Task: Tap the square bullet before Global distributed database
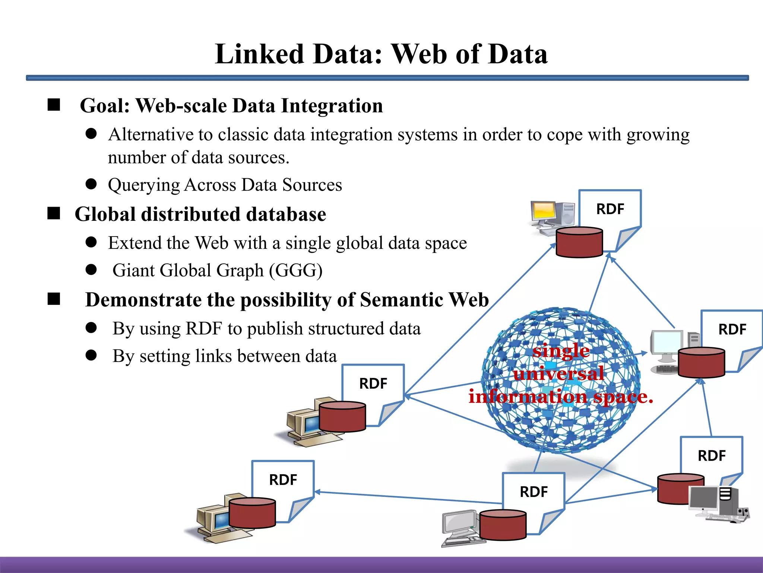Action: (x=54, y=213)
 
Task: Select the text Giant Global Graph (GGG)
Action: (x=217, y=270)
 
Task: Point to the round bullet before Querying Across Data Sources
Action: (x=91, y=184)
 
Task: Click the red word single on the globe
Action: (x=561, y=351)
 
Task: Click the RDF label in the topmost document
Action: (x=610, y=209)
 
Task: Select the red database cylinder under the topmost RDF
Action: (x=579, y=242)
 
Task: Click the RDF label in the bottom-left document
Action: (x=283, y=480)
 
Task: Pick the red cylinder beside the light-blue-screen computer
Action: (x=701, y=362)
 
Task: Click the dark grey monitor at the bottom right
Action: (x=703, y=498)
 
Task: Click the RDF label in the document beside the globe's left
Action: (x=373, y=383)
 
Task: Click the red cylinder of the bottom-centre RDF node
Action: (x=503, y=525)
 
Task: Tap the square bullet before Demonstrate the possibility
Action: (x=54, y=299)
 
